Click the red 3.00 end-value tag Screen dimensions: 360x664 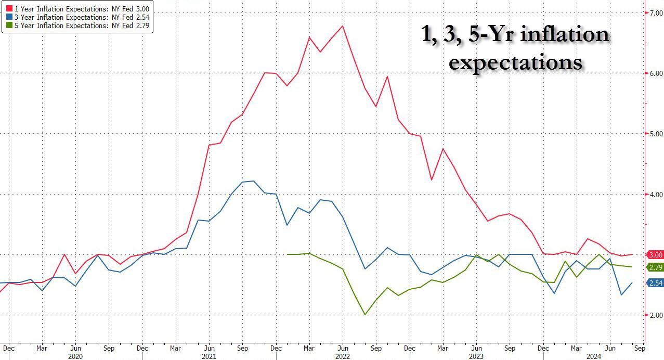pos(655,255)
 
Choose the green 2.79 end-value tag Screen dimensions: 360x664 pos(655,267)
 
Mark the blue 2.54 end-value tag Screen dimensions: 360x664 pos(655,282)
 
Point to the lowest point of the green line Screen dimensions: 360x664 pos(365,315)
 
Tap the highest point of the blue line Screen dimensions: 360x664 pos(253,181)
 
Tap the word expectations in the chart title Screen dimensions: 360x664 pos(515,62)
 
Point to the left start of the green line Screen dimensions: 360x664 pos(287,254)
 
